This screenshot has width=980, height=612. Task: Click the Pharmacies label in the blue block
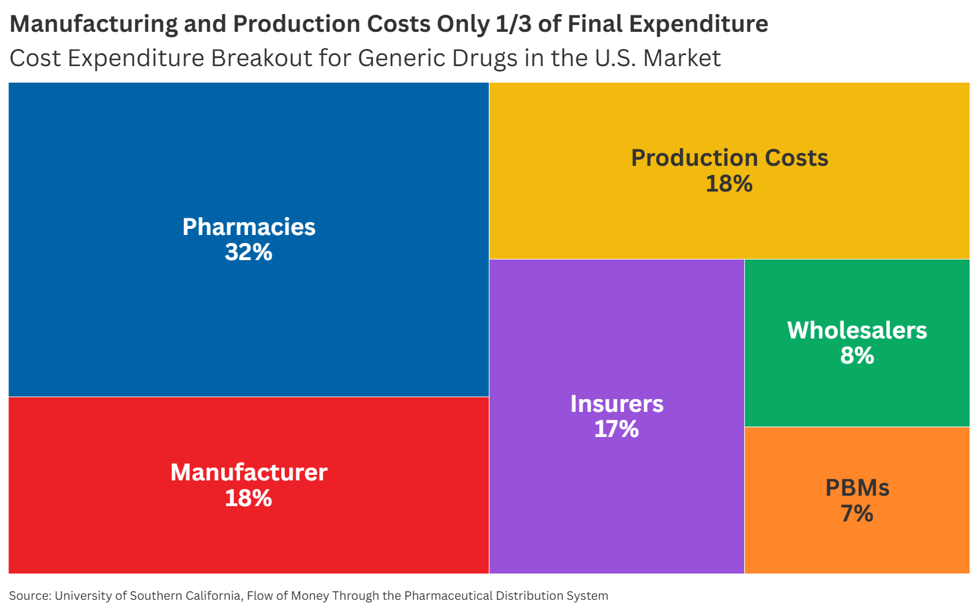(x=249, y=227)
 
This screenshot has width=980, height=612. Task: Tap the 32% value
(x=249, y=252)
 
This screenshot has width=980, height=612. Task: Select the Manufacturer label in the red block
(x=249, y=472)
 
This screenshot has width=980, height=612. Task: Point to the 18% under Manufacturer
(x=249, y=498)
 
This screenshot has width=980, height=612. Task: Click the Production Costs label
(x=729, y=158)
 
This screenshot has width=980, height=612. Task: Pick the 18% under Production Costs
(x=729, y=183)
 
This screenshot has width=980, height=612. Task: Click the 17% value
(x=616, y=429)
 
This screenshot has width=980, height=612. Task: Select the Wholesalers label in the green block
(x=857, y=330)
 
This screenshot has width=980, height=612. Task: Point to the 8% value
(x=857, y=356)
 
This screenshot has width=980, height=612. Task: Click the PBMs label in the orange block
(x=858, y=488)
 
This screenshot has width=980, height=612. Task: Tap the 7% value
(x=857, y=513)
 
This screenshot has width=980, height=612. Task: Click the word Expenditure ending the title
(x=699, y=24)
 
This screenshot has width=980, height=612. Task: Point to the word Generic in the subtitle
(x=402, y=58)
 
